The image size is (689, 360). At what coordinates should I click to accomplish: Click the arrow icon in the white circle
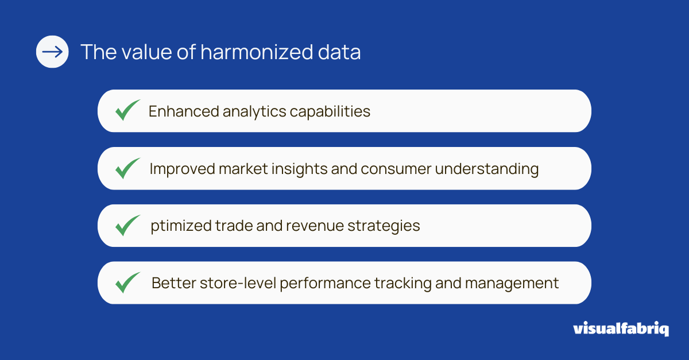click(x=52, y=52)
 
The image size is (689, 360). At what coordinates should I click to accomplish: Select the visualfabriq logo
click(x=621, y=329)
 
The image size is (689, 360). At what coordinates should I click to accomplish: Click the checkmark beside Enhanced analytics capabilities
click(x=127, y=110)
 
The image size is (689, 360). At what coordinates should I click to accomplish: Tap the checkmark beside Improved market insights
click(x=127, y=168)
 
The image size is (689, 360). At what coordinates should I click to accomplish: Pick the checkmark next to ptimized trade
click(x=127, y=226)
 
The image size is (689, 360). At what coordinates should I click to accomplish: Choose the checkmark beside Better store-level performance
click(x=127, y=283)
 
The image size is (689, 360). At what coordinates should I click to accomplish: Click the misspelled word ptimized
click(x=180, y=226)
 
